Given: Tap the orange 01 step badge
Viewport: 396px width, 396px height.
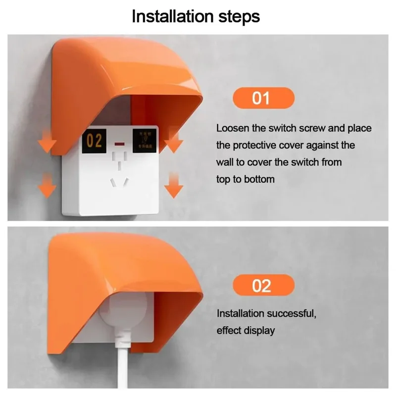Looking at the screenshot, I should (x=263, y=98).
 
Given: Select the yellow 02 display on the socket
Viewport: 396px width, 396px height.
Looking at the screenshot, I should (x=95, y=141).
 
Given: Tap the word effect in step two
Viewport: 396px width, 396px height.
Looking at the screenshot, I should (x=228, y=330).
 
